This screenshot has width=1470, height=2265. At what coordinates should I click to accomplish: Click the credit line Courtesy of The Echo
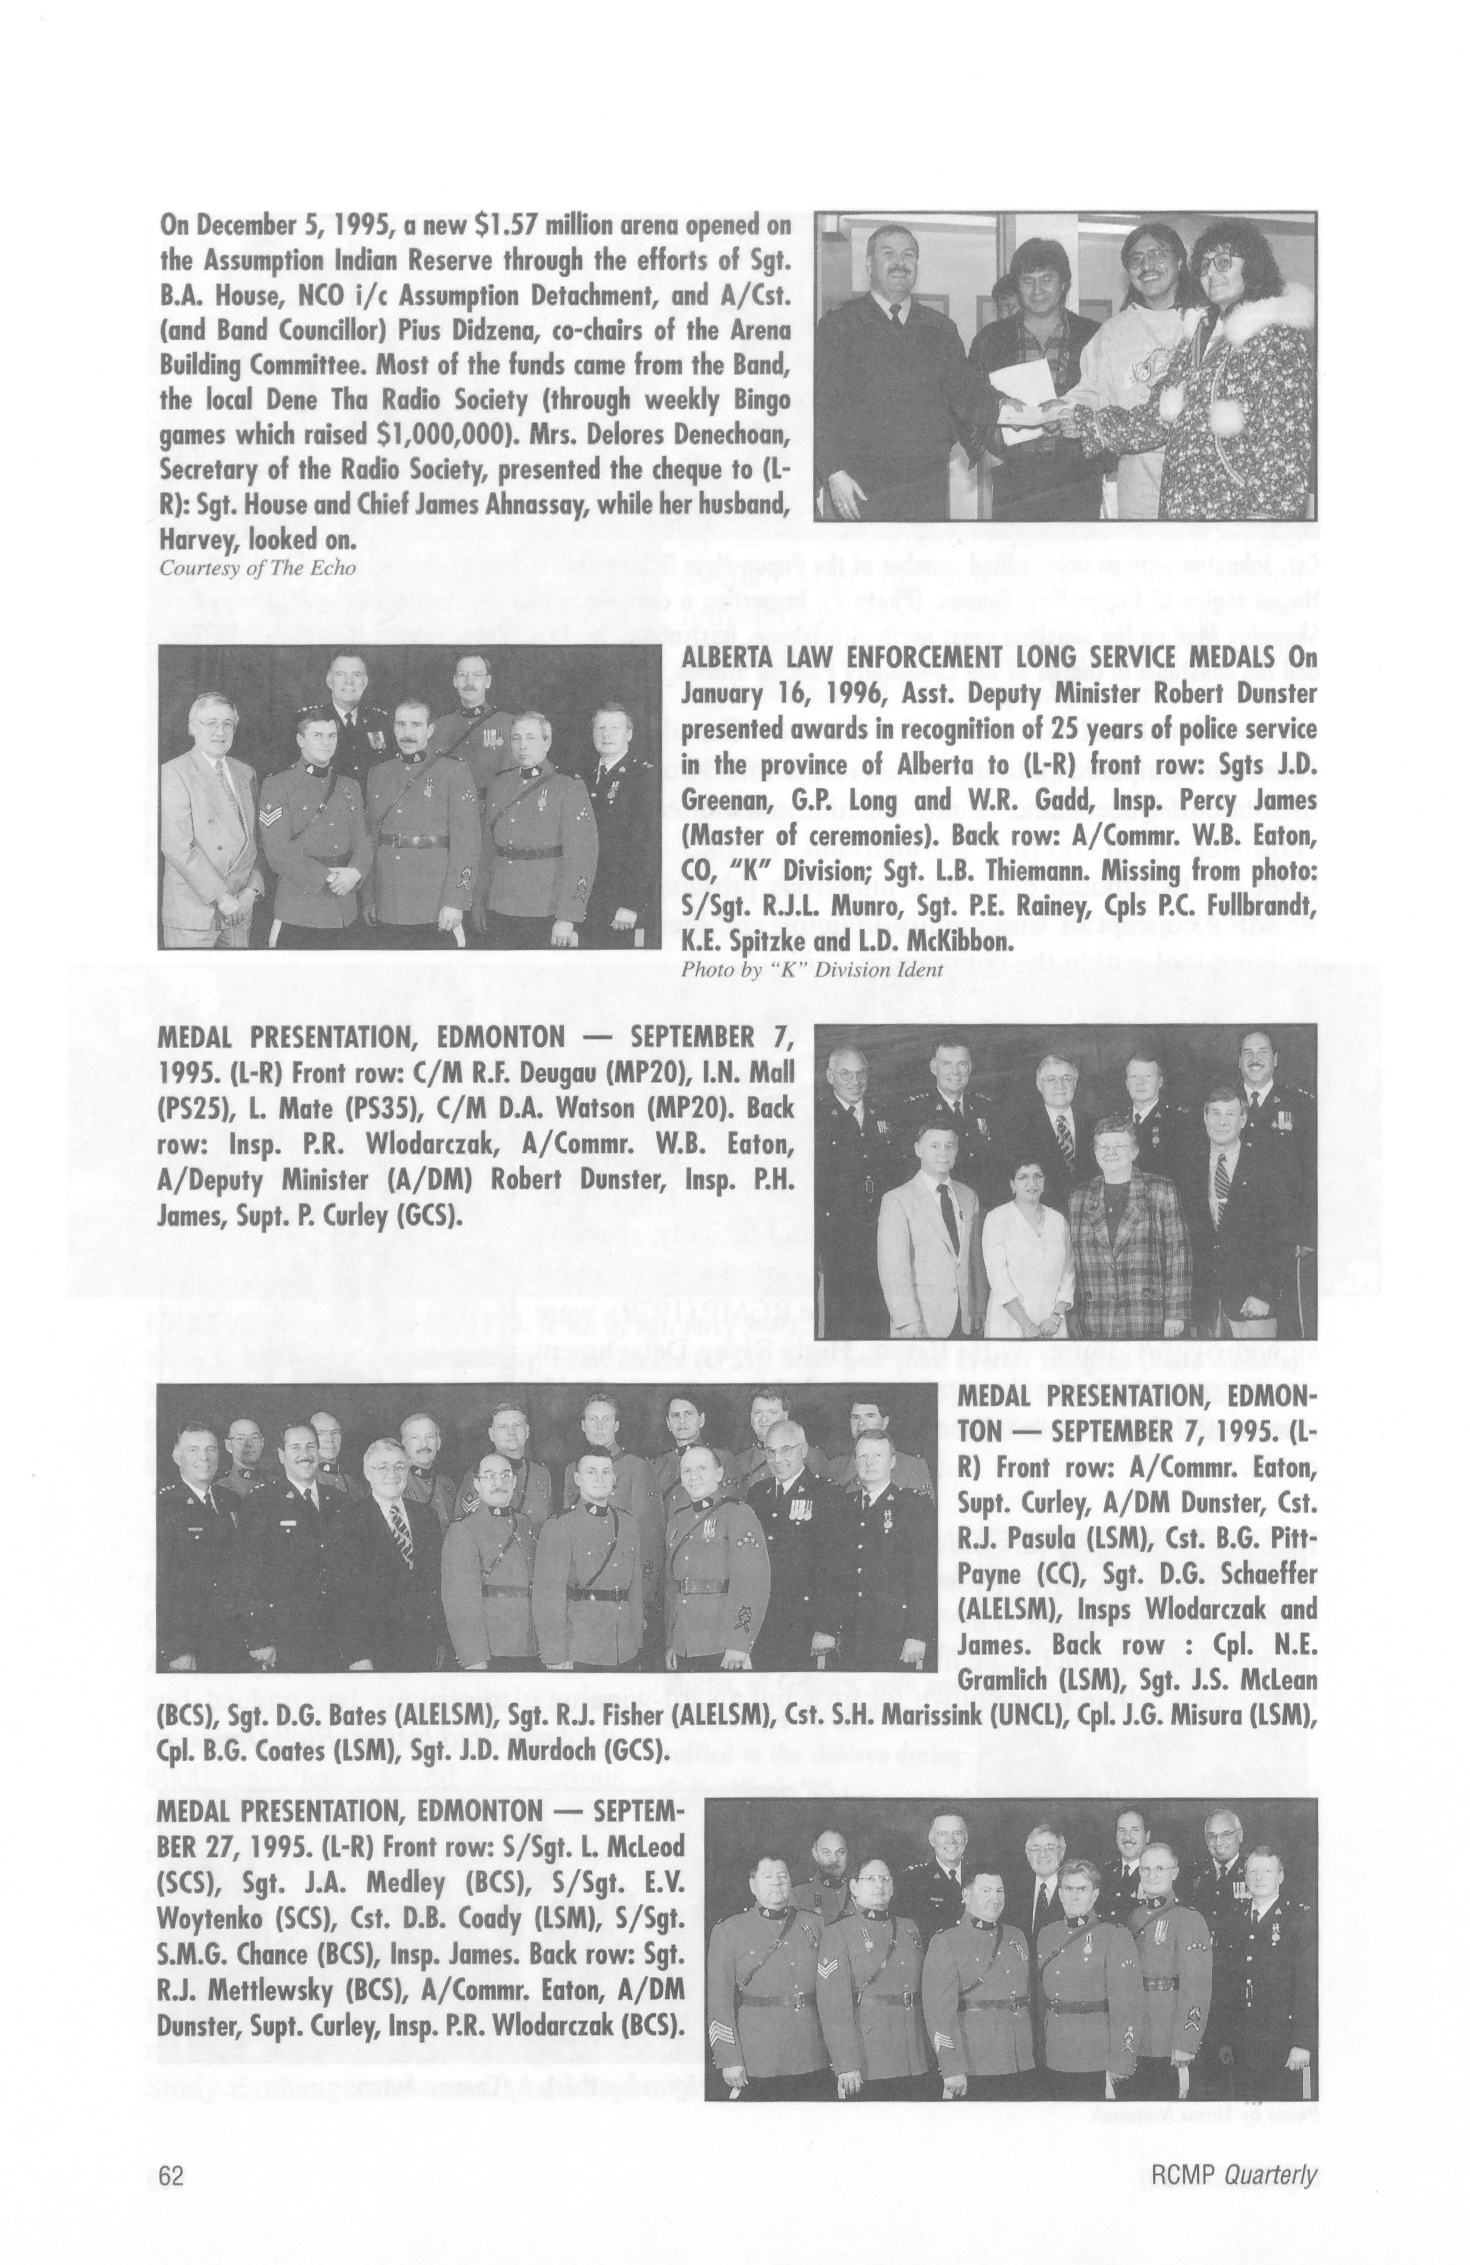point(244,568)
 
